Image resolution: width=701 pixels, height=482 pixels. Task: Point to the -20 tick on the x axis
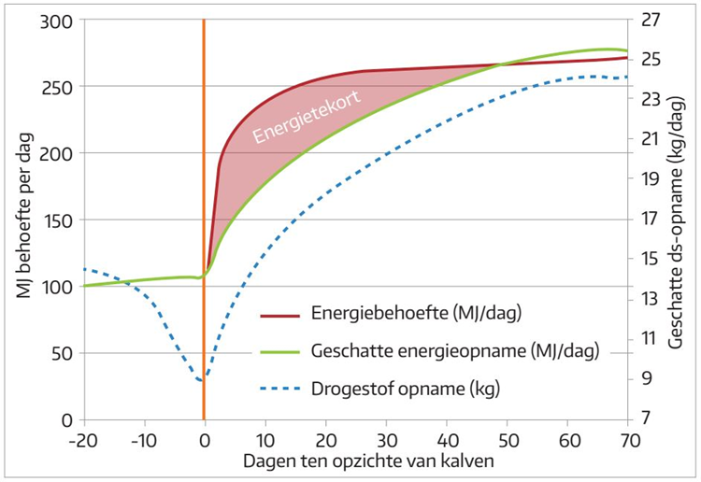click(x=83, y=437)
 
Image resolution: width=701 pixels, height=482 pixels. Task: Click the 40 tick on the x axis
click(x=447, y=437)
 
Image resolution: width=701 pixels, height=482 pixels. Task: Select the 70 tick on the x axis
click(x=628, y=437)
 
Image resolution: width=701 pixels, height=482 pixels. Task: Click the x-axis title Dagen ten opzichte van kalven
click(x=355, y=461)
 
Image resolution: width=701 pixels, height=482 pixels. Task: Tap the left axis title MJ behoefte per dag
click(x=23, y=220)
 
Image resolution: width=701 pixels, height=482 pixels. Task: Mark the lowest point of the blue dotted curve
click(x=202, y=380)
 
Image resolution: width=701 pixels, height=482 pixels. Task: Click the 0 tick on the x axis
click(x=204, y=437)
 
